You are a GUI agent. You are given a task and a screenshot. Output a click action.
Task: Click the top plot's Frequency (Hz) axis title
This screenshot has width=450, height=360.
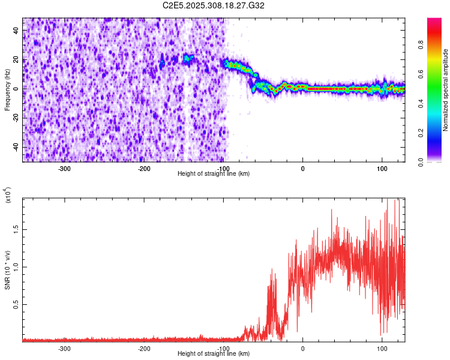7,89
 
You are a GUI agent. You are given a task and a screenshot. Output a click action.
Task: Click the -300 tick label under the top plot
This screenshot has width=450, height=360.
64,168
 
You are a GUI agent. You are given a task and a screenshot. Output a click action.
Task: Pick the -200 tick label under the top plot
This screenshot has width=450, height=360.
143,168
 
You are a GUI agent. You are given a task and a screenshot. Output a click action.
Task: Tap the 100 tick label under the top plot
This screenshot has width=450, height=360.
382,168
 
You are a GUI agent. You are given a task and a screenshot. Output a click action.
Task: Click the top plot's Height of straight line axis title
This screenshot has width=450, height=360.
214,173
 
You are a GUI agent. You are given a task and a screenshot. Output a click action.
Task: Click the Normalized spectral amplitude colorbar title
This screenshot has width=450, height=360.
446,90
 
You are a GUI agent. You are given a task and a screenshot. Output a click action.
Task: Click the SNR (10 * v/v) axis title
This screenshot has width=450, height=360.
8,269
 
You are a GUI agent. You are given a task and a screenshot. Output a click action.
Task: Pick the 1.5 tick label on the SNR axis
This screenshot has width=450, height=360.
16,229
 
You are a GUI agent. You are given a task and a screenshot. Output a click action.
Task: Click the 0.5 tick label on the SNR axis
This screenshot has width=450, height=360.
16,304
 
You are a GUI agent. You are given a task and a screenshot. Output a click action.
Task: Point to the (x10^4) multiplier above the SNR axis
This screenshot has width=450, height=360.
8,196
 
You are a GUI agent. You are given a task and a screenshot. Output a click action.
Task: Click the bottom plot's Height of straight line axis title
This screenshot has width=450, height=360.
214,354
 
